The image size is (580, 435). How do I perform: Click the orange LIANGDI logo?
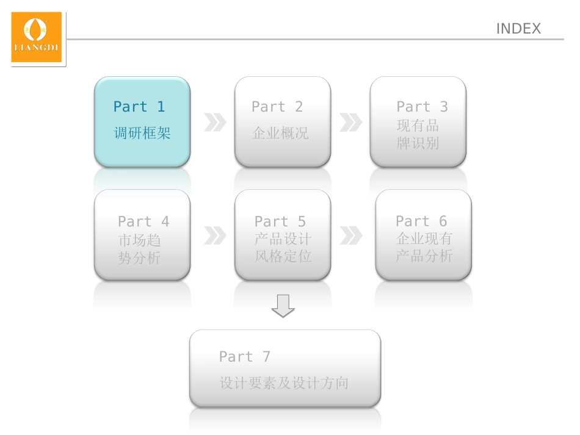point(37,37)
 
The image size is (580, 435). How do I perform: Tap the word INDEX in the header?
point(518,29)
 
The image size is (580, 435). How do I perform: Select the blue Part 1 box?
point(142,121)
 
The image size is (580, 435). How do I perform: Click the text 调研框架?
point(142,133)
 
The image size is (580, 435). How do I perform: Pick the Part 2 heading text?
point(277,107)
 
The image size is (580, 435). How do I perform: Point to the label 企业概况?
point(280,133)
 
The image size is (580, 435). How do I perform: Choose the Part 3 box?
point(418,121)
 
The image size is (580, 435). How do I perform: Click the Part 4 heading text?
point(143,221)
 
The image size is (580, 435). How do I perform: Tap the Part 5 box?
point(283,235)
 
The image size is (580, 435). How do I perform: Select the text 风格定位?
point(283,256)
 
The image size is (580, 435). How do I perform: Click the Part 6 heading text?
point(421,221)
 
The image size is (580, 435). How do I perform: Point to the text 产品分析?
point(424,256)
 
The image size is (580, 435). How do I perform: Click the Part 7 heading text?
point(244,356)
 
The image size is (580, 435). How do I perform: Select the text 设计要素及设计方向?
point(284,383)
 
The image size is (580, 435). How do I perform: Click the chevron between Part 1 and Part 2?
point(214,122)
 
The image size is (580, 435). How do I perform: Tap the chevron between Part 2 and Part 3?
point(350,122)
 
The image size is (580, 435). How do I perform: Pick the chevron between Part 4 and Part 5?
point(214,235)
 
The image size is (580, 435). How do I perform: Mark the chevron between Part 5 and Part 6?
point(350,235)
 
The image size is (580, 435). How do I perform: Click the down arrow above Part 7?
point(283,306)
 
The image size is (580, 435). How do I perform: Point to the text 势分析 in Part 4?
point(139,258)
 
